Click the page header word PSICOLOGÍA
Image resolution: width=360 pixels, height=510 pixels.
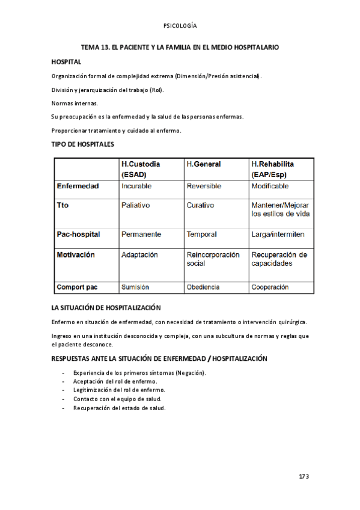(x=180, y=26)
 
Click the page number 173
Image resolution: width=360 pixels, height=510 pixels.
(x=304, y=476)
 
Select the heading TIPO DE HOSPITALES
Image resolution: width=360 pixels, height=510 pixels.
(x=82, y=144)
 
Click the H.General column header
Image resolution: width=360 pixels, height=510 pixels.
(x=204, y=164)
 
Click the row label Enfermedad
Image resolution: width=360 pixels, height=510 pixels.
(x=78, y=186)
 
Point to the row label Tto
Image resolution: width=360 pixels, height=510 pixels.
(x=63, y=205)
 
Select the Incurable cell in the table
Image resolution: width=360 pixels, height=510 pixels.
(x=136, y=186)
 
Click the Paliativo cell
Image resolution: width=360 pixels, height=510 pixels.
(x=136, y=205)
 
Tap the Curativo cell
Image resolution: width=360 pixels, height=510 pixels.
(x=200, y=205)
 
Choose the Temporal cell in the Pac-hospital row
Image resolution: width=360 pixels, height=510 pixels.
(x=201, y=234)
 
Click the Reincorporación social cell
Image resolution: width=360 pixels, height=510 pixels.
(x=213, y=259)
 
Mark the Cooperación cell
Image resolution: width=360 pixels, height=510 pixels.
(x=270, y=287)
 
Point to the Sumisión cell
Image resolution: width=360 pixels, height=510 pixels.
(x=135, y=287)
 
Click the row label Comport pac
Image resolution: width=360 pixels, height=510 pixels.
(x=78, y=287)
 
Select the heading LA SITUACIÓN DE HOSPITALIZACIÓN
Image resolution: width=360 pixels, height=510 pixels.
(x=106, y=307)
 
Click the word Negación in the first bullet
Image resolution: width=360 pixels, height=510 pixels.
(x=189, y=373)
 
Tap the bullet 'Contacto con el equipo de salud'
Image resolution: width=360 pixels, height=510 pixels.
(x=117, y=399)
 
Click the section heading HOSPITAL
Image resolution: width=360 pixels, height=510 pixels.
(x=66, y=62)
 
